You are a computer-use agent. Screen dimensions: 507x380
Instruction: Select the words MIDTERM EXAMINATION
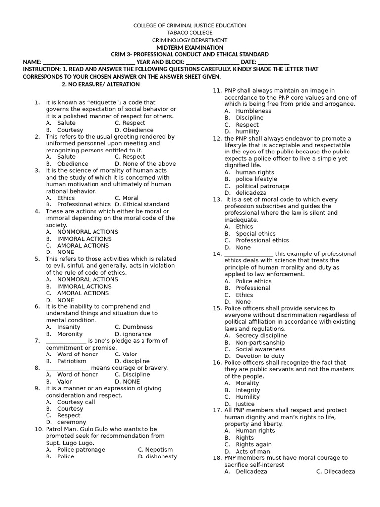click(190, 47)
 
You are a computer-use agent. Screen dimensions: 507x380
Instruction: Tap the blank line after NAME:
click(89, 62)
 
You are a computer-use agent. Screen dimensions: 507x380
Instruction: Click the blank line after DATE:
click(274, 62)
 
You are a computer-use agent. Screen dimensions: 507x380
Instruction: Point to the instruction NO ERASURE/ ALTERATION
click(100, 84)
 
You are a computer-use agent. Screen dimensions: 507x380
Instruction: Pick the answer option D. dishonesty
click(157, 456)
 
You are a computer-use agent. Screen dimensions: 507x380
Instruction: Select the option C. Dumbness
click(134, 327)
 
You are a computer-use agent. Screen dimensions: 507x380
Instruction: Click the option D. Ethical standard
click(142, 204)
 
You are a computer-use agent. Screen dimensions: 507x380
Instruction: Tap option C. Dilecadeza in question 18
click(335, 472)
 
